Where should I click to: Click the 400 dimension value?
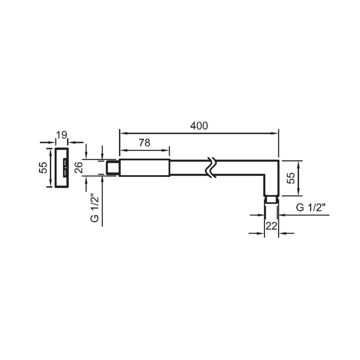199,126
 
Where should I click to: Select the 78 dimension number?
144,143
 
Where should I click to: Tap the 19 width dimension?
61,135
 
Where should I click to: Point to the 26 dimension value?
78,168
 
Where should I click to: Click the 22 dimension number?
271,226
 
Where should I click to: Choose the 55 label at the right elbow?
291,178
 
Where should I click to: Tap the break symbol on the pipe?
211,167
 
